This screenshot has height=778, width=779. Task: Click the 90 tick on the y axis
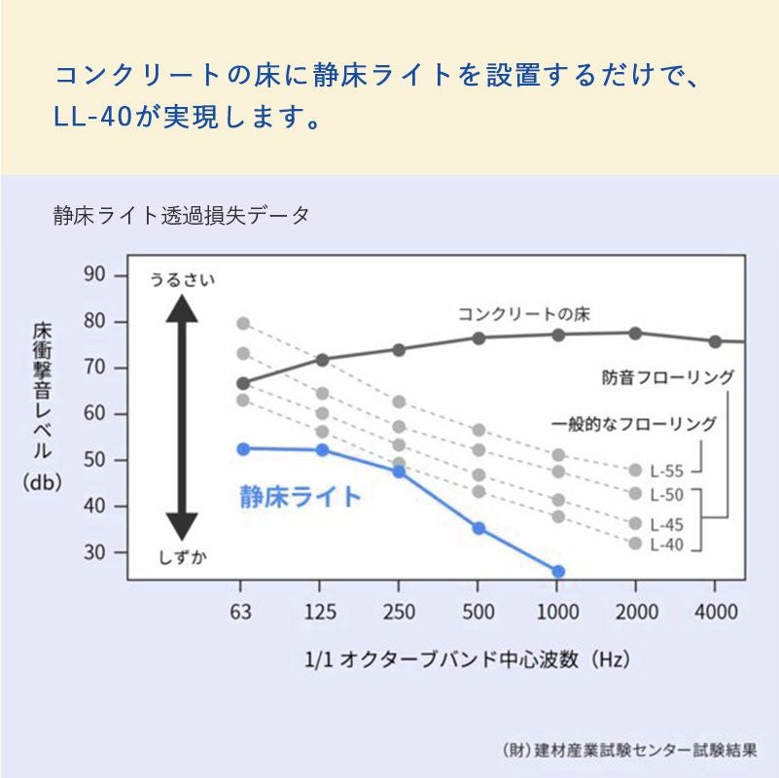(x=94, y=275)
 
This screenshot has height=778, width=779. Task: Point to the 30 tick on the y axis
(x=94, y=552)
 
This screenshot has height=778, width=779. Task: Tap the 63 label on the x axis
(x=241, y=613)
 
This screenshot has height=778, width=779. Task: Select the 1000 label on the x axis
(x=556, y=613)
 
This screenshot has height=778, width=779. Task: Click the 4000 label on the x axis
(x=714, y=613)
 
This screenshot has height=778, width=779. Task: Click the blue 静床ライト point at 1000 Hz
(x=557, y=572)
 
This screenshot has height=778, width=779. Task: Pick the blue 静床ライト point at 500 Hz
(x=478, y=528)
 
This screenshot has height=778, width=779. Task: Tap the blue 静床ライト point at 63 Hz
(x=243, y=448)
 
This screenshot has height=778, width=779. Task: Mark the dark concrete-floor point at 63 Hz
(x=243, y=383)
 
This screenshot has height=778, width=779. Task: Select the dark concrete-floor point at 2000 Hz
(x=635, y=333)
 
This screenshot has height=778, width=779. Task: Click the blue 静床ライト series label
(x=300, y=497)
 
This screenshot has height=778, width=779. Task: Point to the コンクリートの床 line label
(x=523, y=314)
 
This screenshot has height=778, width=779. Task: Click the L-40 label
(x=667, y=545)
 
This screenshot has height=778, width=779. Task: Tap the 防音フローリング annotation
(x=667, y=377)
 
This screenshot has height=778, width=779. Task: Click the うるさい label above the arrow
(x=182, y=280)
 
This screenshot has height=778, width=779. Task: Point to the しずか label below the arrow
(x=182, y=556)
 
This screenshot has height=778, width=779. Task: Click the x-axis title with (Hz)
(x=468, y=659)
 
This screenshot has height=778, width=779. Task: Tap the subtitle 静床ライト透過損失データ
(x=182, y=216)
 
